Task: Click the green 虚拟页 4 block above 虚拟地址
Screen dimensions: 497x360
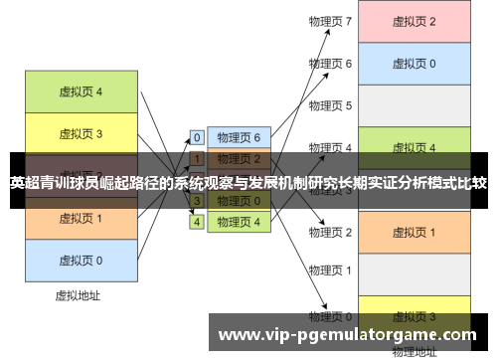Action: (x=82, y=91)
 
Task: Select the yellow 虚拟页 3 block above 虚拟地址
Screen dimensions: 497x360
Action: (x=82, y=133)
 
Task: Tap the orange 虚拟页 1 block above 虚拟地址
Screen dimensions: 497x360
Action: (x=82, y=218)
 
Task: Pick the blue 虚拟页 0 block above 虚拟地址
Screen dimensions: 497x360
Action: (x=82, y=260)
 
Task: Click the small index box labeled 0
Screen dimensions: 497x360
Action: (x=197, y=138)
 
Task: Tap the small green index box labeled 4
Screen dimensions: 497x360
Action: (x=197, y=222)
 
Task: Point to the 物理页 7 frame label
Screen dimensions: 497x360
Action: (x=331, y=21)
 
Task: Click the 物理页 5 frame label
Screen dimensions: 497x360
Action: (x=331, y=105)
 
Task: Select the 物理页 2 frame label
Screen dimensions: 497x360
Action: (x=331, y=232)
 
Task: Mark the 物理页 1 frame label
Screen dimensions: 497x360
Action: (x=331, y=270)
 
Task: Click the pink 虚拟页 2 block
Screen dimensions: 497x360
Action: (x=414, y=22)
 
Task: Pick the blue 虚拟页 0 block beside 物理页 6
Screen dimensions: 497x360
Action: (x=414, y=64)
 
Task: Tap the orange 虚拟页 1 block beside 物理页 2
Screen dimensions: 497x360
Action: (x=414, y=232)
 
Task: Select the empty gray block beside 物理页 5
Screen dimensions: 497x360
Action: (x=414, y=105)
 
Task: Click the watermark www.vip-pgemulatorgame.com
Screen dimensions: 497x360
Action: (x=348, y=335)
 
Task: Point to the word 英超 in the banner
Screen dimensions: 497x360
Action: (x=26, y=183)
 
